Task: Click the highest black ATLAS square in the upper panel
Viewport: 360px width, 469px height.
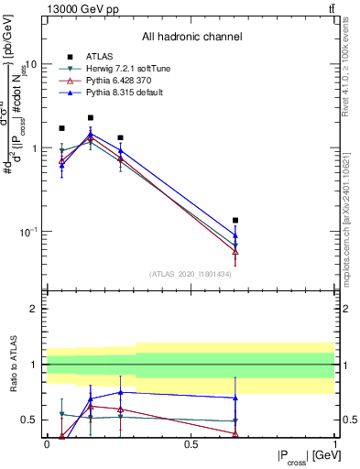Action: click(x=91, y=118)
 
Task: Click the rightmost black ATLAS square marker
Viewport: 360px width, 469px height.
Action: click(x=235, y=221)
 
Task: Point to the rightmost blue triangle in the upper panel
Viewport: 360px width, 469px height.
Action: click(x=235, y=234)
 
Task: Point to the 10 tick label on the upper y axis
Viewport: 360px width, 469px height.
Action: click(x=30, y=65)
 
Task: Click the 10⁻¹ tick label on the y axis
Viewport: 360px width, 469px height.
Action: click(x=27, y=232)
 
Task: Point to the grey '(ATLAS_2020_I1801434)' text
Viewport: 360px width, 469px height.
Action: click(x=190, y=274)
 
